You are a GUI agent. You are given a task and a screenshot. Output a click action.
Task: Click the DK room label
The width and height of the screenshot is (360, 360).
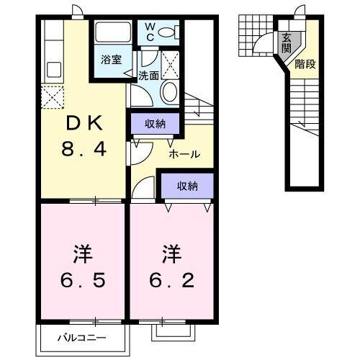coord(84,122)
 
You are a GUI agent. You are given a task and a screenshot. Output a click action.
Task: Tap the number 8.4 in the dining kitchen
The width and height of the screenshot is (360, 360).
coord(84,150)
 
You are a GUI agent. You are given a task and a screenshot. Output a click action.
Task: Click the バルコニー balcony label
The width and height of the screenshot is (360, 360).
coord(82,337)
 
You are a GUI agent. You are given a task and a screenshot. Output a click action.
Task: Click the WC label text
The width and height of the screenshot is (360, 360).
coord(150,32)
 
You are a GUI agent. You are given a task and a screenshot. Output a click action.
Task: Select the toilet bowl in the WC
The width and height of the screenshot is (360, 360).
coord(166,31)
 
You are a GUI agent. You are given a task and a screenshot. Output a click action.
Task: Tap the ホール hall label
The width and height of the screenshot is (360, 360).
coord(184,154)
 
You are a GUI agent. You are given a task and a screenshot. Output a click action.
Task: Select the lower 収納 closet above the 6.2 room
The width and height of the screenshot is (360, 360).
coord(187,186)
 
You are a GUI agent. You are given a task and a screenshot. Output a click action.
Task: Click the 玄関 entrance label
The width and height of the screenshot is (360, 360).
coord(287,42)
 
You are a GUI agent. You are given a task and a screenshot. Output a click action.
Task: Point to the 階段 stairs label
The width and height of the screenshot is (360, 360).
coord(305,64)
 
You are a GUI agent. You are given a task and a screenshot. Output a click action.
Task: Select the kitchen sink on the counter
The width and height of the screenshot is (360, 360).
coord(53,71)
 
